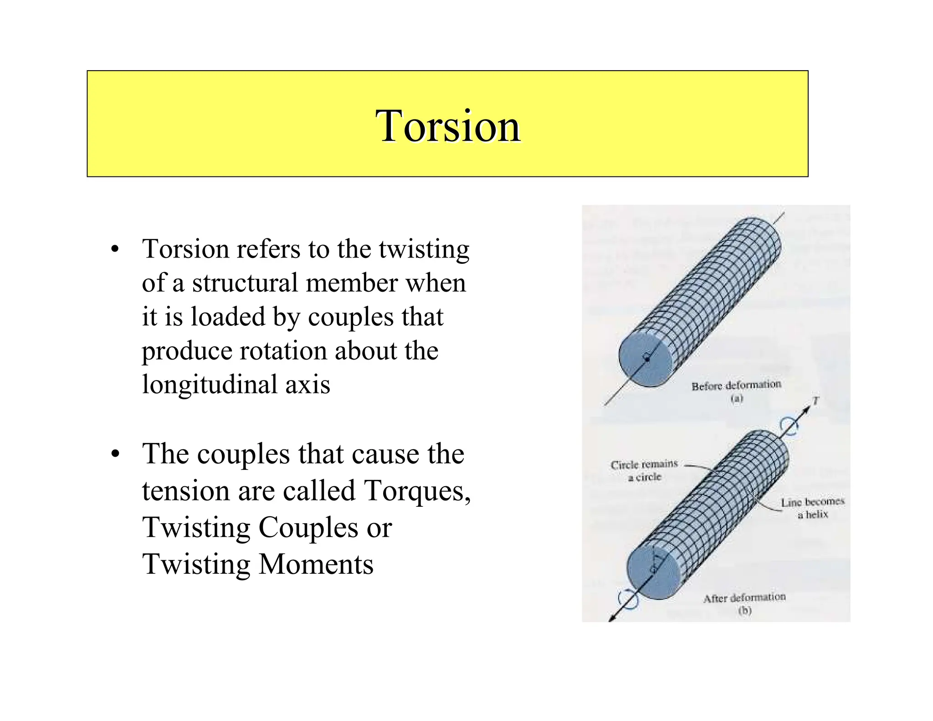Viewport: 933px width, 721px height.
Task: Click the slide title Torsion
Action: (448, 126)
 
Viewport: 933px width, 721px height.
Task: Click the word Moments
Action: (316, 564)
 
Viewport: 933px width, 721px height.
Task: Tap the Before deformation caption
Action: (736, 386)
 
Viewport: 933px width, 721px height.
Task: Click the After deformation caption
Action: (744, 598)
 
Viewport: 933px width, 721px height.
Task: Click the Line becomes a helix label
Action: (812, 508)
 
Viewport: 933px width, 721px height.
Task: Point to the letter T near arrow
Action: (816, 401)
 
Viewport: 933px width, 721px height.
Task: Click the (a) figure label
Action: (737, 398)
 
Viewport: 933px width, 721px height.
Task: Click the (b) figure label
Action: (744, 610)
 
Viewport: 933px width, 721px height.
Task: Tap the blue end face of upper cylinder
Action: (644, 359)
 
